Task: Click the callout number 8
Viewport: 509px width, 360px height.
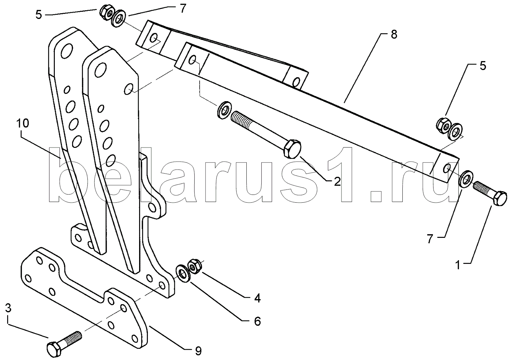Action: [x=394, y=35]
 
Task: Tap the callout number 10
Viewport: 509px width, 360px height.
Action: [x=22, y=123]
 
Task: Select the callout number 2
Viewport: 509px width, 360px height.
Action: [x=337, y=181]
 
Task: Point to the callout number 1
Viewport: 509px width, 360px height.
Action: [x=458, y=265]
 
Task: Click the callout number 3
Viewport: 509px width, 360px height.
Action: [x=8, y=308]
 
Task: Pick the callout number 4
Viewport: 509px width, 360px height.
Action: [x=257, y=298]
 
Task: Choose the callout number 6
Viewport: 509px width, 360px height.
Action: [x=257, y=321]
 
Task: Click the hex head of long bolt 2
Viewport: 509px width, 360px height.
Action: [x=292, y=149]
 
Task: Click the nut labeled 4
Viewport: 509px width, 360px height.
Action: [x=194, y=266]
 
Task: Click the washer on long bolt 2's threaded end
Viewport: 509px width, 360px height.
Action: [x=224, y=110]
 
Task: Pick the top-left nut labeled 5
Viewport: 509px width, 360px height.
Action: [x=106, y=11]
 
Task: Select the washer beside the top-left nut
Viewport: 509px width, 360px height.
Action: [x=118, y=19]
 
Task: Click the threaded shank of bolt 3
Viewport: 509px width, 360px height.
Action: [x=72, y=338]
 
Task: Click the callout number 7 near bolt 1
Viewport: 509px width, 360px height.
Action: [x=429, y=240]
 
